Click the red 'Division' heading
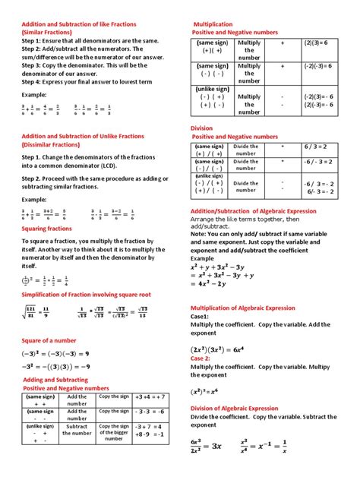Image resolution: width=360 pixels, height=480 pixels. (x=201, y=128)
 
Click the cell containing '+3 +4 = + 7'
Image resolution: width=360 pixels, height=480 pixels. (x=153, y=397)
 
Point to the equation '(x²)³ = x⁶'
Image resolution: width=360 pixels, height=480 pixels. (x=215, y=392)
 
